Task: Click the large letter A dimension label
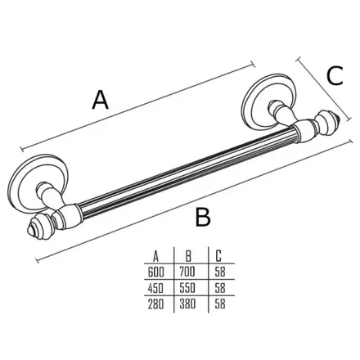click(101, 100)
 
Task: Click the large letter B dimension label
click(203, 217)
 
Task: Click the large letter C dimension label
click(335, 75)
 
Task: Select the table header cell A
click(155, 256)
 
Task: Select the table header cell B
click(188, 256)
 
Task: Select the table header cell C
click(218, 256)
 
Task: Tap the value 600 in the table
click(156, 272)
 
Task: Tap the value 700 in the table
click(187, 272)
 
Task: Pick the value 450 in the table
click(156, 288)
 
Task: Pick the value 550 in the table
click(187, 288)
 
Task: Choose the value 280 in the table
click(156, 304)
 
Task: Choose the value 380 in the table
click(187, 304)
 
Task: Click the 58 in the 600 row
click(220, 272)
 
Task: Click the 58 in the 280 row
click(220, 304)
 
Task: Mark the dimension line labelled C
click(324, 89)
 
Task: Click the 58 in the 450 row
click(220, 288)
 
